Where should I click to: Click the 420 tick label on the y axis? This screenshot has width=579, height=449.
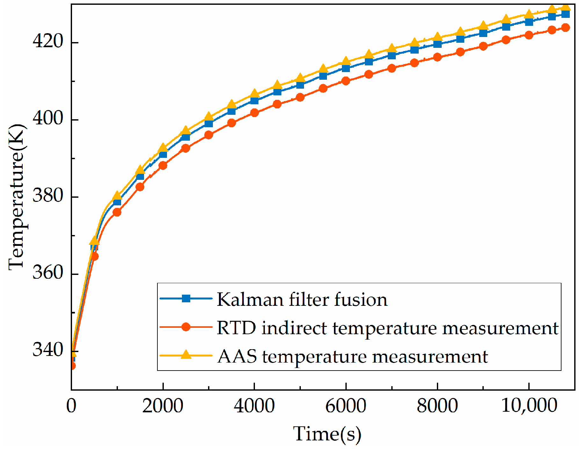click(x=48, y=41)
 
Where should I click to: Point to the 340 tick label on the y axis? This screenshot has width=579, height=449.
click(x=48, y=350)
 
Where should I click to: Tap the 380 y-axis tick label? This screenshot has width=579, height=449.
click(x=48, y=195)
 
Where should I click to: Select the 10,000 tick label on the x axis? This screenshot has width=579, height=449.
click(x=529, y=406)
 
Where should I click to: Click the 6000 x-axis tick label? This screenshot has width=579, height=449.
click(x=346, y=406)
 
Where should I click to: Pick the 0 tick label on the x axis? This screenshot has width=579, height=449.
click(x=71, y=406)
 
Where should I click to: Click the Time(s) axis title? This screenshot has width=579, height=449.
click(x=327, y=434)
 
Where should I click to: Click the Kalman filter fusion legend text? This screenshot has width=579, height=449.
click(x=302, y=299)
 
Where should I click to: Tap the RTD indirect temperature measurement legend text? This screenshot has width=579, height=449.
click(x=387, y=328)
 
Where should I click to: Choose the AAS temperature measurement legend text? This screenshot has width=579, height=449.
click(x=352, y=356)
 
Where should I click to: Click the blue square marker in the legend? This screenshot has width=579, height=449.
click(x=186, y=298)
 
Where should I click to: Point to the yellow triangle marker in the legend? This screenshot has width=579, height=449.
click(x=186, y=355)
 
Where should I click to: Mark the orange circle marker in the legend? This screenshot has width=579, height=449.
click(x=186, y=327)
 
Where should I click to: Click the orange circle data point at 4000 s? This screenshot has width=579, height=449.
click(x=254, y=113)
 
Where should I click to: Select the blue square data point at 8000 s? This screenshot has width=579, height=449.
click(x=438, y=44)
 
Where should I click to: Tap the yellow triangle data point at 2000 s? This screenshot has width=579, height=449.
click(x=163, y=148)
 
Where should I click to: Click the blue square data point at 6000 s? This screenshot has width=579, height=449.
click(x=346, y=68)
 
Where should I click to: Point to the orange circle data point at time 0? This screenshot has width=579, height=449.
click(x=72, y=366)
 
